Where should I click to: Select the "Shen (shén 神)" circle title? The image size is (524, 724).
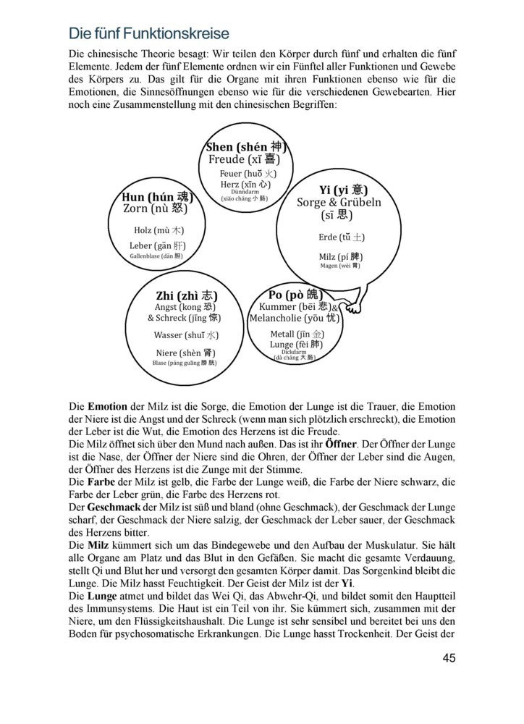click(x=246, y=147)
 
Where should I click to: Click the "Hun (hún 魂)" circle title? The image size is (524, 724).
click(x=156, y=196)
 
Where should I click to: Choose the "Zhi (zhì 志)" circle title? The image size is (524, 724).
click(x=186, y=295)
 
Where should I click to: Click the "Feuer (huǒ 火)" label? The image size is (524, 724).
click(x=248, y=174)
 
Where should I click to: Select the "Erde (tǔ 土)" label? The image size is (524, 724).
click(x=342, y=237)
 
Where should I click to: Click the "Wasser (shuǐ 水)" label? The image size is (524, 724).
click(x=185, y=335)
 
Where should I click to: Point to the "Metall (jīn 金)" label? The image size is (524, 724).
click(x=297, y=334)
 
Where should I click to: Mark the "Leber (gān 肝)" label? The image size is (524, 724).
click(x=157, y=246)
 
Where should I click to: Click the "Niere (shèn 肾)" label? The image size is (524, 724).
click(x=184, y=353)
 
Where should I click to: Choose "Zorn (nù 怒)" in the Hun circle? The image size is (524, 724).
click(x=155, y=209)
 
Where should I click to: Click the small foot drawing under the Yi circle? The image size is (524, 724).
click(x=353, y=307)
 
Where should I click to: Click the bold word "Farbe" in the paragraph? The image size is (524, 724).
click(x=104, y=481)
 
